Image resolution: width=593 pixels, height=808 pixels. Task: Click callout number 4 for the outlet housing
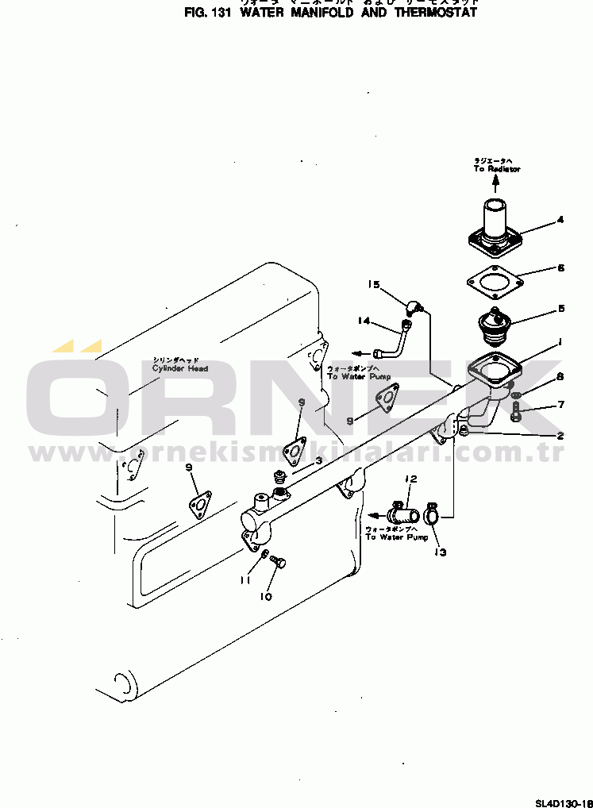tap(560, 219)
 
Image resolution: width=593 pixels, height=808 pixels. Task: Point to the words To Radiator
tap(497, 169)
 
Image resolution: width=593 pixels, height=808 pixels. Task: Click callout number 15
tap(374, 284)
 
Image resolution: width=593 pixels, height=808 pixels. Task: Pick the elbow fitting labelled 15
tap(415, 307)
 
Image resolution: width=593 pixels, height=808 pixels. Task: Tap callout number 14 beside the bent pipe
tap(364, 321)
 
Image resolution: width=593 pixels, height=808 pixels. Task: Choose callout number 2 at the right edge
tap(560, 435)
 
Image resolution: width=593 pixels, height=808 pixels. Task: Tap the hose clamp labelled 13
tap(432, 515)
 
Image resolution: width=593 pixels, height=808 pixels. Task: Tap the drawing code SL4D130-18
tap(563, 802)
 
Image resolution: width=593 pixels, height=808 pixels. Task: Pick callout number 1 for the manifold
tap(560, 342)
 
